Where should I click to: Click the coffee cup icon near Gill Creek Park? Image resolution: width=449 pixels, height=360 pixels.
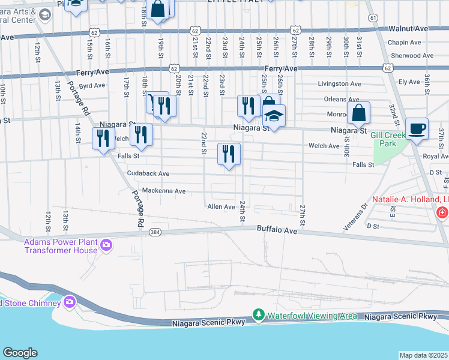[x=417, y=129]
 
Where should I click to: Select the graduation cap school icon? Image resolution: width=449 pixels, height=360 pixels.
[x=274, y=116]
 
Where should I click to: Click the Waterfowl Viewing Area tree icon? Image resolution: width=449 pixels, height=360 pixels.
[x=259, y=314]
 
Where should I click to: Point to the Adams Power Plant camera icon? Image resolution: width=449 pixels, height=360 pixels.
[x=106, y=245]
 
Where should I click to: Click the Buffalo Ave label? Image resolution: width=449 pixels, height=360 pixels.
[x=277, y=229]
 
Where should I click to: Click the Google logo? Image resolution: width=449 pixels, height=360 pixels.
[x=20, y=353]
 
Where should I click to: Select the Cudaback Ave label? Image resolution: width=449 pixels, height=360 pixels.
[x=148, y=173]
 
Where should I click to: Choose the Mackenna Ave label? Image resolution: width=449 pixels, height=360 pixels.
[x=163, y=191]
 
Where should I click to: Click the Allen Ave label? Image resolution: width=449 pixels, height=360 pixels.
[x=221, y=206]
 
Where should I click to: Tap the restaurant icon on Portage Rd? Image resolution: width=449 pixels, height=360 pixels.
[x=103, y=139]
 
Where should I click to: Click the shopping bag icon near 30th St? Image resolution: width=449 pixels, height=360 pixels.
[x=358, y=113]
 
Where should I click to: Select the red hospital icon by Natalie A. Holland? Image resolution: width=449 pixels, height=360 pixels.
[x=442, y=212]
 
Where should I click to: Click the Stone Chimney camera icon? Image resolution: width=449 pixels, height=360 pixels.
[x=70, y=301]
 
